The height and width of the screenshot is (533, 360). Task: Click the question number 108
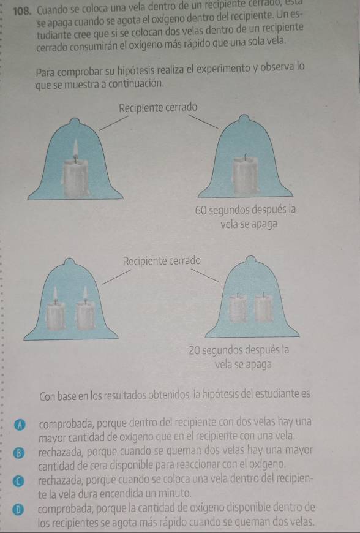23,10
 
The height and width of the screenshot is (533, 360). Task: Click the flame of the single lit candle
75,148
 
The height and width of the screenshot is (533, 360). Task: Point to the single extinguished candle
244,175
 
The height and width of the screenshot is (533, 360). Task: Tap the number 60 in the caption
200,210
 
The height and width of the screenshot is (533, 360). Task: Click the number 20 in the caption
195,350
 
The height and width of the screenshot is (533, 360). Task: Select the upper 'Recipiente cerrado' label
158,108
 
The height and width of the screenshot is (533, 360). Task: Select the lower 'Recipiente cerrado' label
162,261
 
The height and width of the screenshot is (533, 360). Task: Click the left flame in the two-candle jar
55,293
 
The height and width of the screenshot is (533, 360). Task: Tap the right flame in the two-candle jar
85,293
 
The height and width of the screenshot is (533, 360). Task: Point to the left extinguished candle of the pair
238,308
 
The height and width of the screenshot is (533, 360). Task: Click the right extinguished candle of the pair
264,308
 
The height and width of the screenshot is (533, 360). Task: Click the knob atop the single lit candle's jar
75,121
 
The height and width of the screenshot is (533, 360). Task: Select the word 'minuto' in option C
178,493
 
